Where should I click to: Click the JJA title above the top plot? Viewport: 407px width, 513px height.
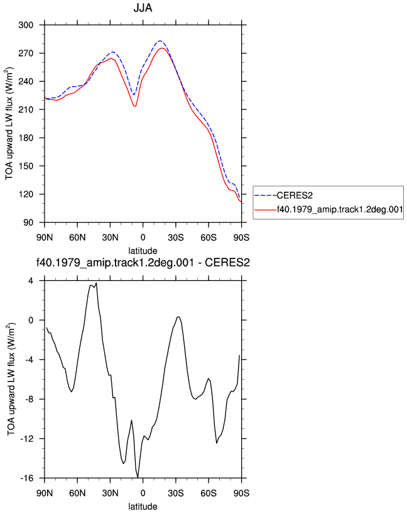pyautogui.click(x=143, y=8)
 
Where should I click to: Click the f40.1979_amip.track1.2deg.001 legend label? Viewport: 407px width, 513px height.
pyautogui.click(x=340, y=209)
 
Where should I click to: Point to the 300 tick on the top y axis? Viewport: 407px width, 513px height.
pyautogui.click(x=26, y=25)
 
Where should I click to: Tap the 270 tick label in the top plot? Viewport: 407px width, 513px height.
pyautogui.click(x=26, y=53)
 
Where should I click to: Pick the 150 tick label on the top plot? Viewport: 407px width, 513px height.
pyautogui.click(x=26, y=166)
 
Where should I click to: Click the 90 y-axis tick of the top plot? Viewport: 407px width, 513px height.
pyautogui.click(x=28, y=223)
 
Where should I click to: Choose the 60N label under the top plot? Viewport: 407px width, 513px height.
pyautogui.click(x=77, y=237)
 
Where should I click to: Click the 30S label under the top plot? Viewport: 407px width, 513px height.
pyautogui.click(x=176, y=237)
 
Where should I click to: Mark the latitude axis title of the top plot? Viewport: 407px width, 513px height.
pyautogui.click(x=143, y=251)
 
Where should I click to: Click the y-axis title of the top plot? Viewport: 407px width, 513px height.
pyautogui.click(x=9, y=124)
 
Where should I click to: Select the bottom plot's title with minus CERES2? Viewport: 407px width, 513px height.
pyautogui.click(x=143, y=262)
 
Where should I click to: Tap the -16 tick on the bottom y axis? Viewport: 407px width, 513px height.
pyautogui.click(x=27, y=478)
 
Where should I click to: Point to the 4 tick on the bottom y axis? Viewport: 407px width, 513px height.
pyautogui.click(x=31, y=281)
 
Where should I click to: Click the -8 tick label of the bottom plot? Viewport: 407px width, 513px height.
pyautogui.click(x=29, y=399)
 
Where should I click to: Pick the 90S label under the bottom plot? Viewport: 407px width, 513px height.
pyautogui.click(x=242, y=493)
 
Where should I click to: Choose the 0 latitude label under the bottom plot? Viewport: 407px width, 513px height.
pyautogui.click(x=143, y=493)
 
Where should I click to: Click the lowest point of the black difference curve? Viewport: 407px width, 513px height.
pyautogui.click(x=138, y=477)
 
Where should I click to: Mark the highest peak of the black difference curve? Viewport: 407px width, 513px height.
pyautogui.click(x=96, y=283)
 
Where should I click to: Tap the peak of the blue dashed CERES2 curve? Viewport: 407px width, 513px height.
pyautogui.click(x=160, y=41)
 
